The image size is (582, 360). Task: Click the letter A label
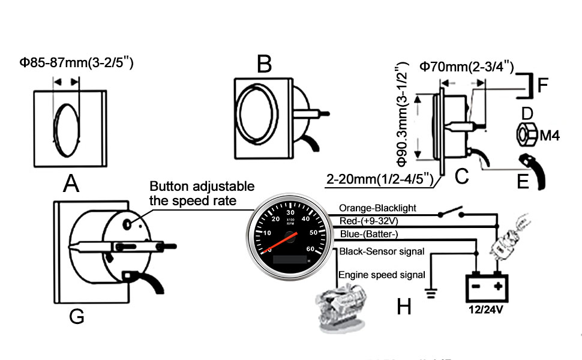(71, 183)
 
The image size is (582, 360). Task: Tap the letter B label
(264, 63)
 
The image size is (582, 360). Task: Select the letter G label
(76, 316)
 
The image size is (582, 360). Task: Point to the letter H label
(404, 307)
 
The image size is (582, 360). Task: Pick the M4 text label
(550, 136)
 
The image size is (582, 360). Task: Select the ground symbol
(431, 293)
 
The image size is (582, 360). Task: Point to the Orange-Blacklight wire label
(386, 208)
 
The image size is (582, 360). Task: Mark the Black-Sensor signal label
(382, 251)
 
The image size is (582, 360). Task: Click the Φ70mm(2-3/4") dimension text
(466, 67)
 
